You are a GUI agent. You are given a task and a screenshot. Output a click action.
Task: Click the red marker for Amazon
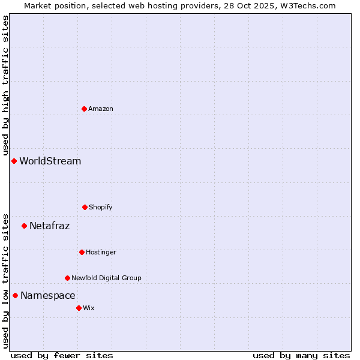click(x=84, y=109)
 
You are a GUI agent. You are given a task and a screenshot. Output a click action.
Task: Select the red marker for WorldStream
click(x=14, y=161)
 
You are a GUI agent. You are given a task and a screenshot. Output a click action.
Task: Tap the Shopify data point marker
click(x=85, y=207)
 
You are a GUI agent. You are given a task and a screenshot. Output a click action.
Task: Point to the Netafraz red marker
click(x=24, y=226)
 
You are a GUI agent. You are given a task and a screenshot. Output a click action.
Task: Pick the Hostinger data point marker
click(x=82, y=252)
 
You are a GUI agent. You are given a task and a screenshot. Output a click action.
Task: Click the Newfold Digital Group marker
click(x=67, y=278)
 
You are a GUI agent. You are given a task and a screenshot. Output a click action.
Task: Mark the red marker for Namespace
click(x=15, y=295)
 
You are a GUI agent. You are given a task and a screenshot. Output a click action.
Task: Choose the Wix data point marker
click(x=79, y=308)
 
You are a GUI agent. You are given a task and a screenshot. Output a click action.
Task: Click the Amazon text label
click(x=101, y=109)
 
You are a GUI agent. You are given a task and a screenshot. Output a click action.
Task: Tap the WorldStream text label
click(x=50, y=161)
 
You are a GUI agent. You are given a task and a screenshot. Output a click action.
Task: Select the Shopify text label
click(x=101, y=207)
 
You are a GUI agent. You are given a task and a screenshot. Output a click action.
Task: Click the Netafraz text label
click(x=50, y=226)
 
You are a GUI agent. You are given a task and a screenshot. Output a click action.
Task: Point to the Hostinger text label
click(x=101, y=252)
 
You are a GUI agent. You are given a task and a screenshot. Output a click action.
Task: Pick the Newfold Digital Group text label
click(x=106, y=278)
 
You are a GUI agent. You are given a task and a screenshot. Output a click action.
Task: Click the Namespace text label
click(x=48, y=295)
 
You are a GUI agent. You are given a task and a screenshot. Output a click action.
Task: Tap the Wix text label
click(x=89, y=308)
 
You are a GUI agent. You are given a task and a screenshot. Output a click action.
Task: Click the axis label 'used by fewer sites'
click(x=62, y=355)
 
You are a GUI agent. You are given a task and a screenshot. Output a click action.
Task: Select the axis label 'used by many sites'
click(x=301, y=355)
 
